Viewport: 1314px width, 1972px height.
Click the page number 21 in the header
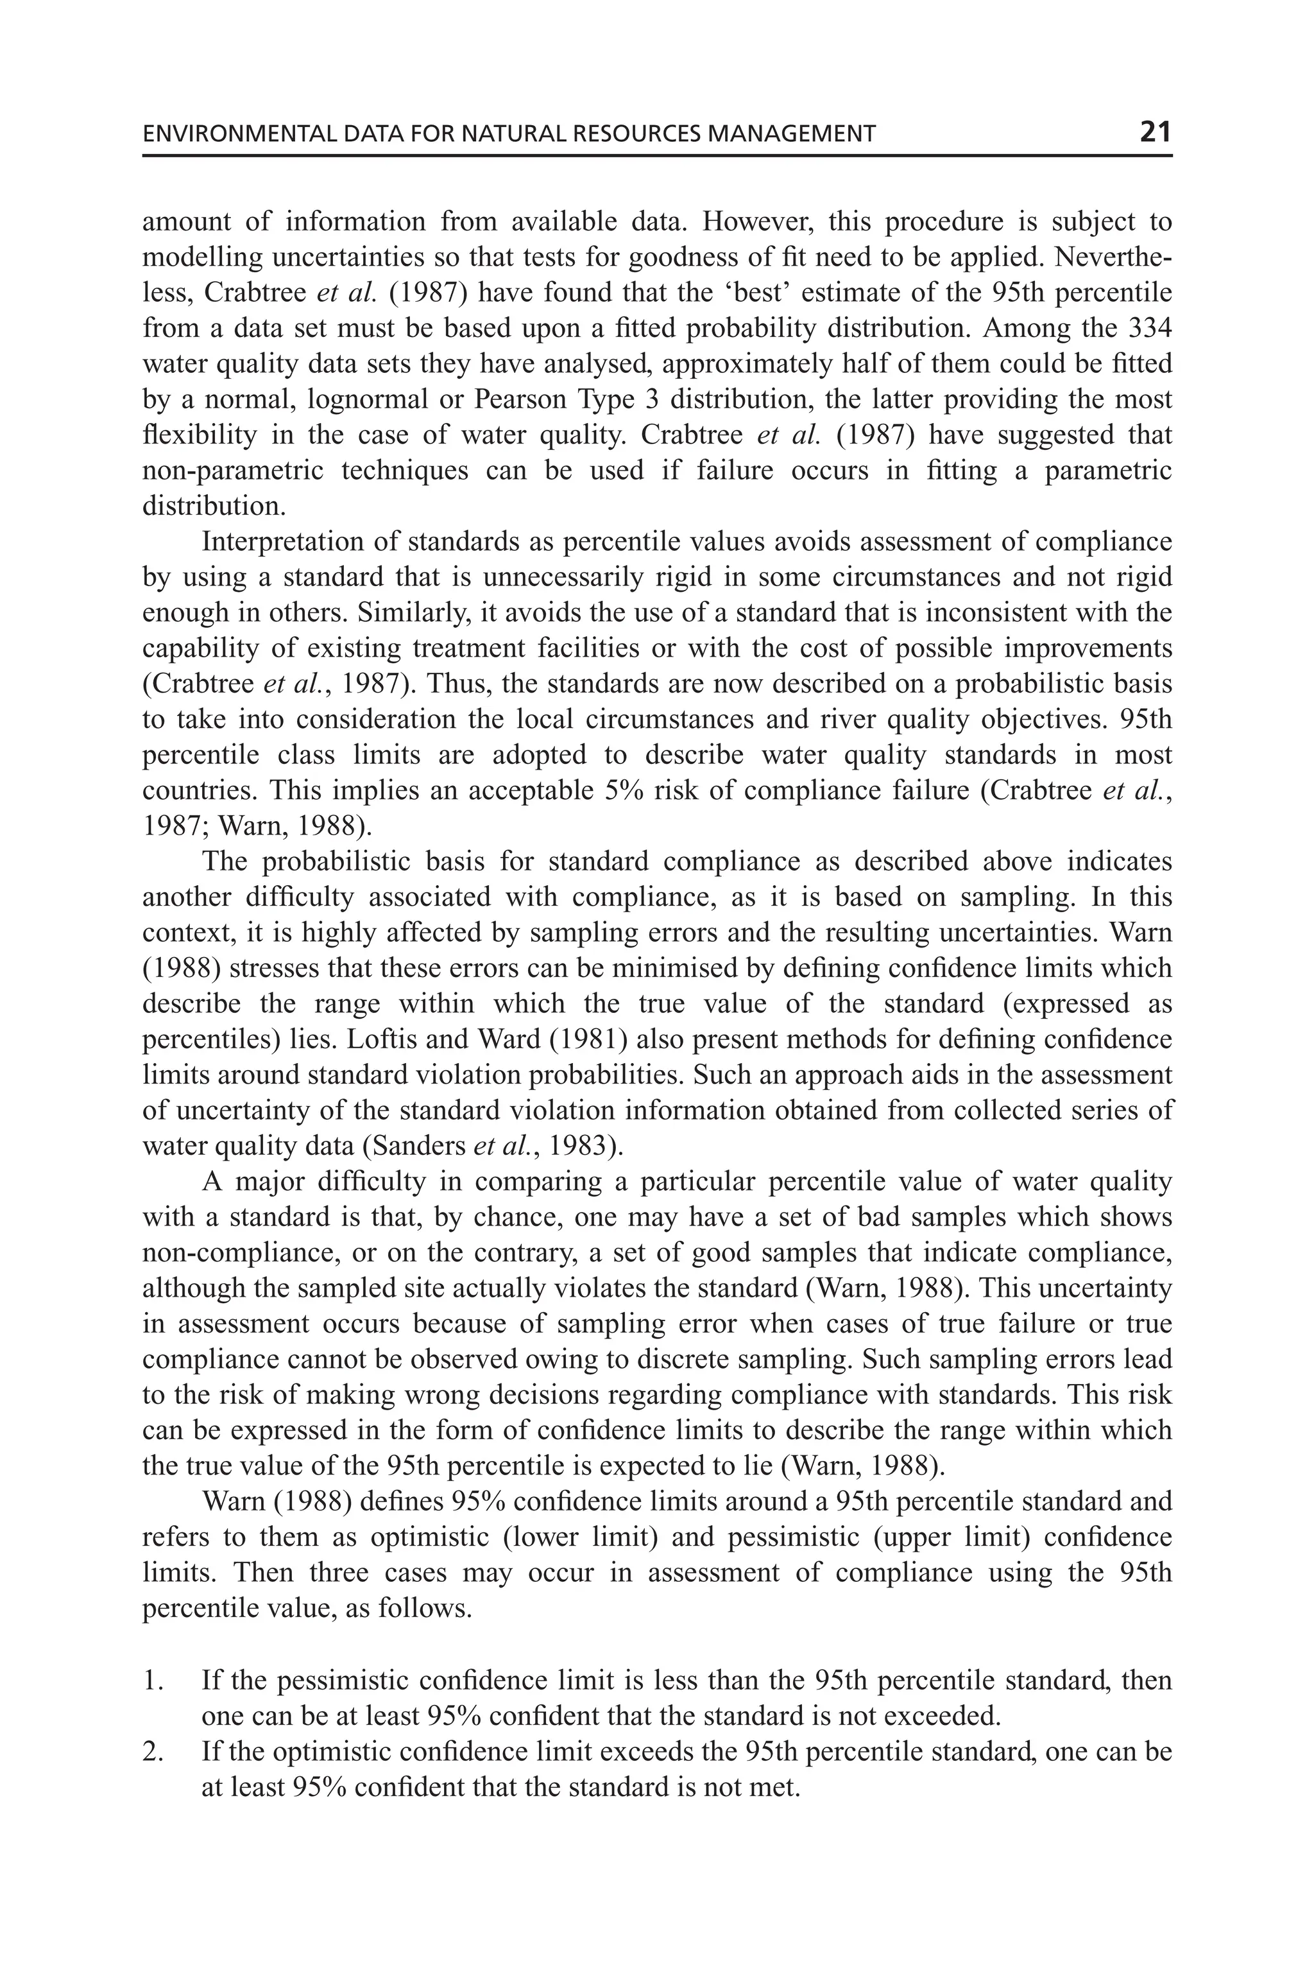pos(1155,132)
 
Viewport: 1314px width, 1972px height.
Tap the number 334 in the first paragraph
pos(1150,328)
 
